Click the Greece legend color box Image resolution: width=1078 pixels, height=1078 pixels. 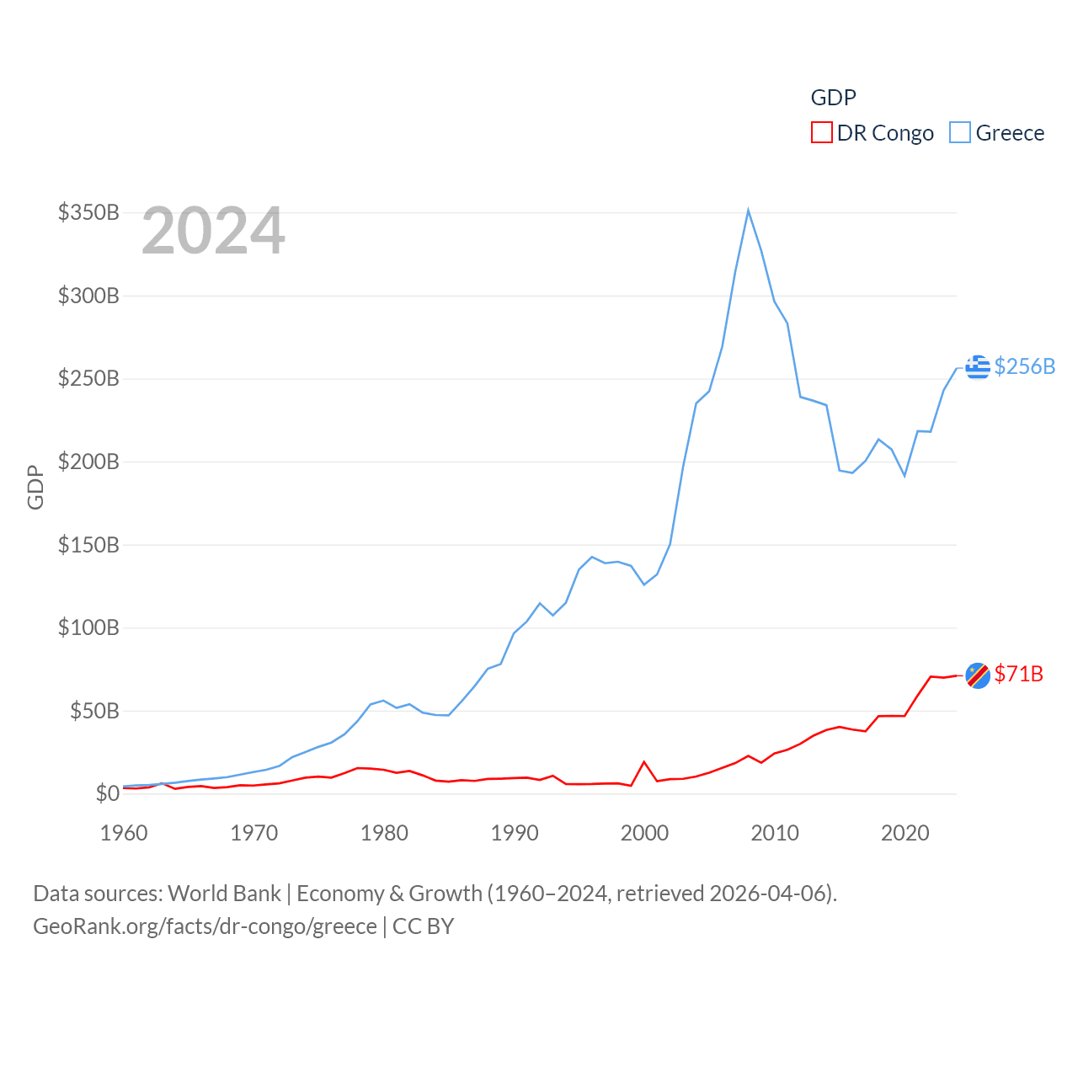point(960,133)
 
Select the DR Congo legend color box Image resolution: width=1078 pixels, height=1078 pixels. point(821,133)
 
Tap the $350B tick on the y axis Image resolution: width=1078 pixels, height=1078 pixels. point(88,212)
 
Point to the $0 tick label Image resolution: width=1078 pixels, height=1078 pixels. point(107,793)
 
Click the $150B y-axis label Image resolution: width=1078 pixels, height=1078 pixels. point(88,545)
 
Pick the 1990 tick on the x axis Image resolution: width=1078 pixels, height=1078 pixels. point(515,833)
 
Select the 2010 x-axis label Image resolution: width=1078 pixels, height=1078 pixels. point(775,833)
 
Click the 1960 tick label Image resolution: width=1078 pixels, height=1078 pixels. point(124,833)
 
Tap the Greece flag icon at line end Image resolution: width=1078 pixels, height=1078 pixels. point(978,367)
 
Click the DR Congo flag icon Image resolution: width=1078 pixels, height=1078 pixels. point(978,675)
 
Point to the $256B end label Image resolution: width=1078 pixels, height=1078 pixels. point(1025,366)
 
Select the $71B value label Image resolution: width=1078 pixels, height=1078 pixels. point(1019,674)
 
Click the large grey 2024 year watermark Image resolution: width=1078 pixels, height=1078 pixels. point(213,231)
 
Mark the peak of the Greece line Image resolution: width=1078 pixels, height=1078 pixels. point(748,211)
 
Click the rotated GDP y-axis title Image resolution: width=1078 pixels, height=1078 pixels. point(35,487)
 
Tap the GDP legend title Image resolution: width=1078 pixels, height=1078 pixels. point(833,98)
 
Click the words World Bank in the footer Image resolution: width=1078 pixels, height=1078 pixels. point(224,893)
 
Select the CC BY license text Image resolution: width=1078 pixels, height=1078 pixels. point(424,926)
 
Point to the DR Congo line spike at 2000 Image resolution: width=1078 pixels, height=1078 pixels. point(644,762)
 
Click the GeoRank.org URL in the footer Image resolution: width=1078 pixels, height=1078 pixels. point(205,926)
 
